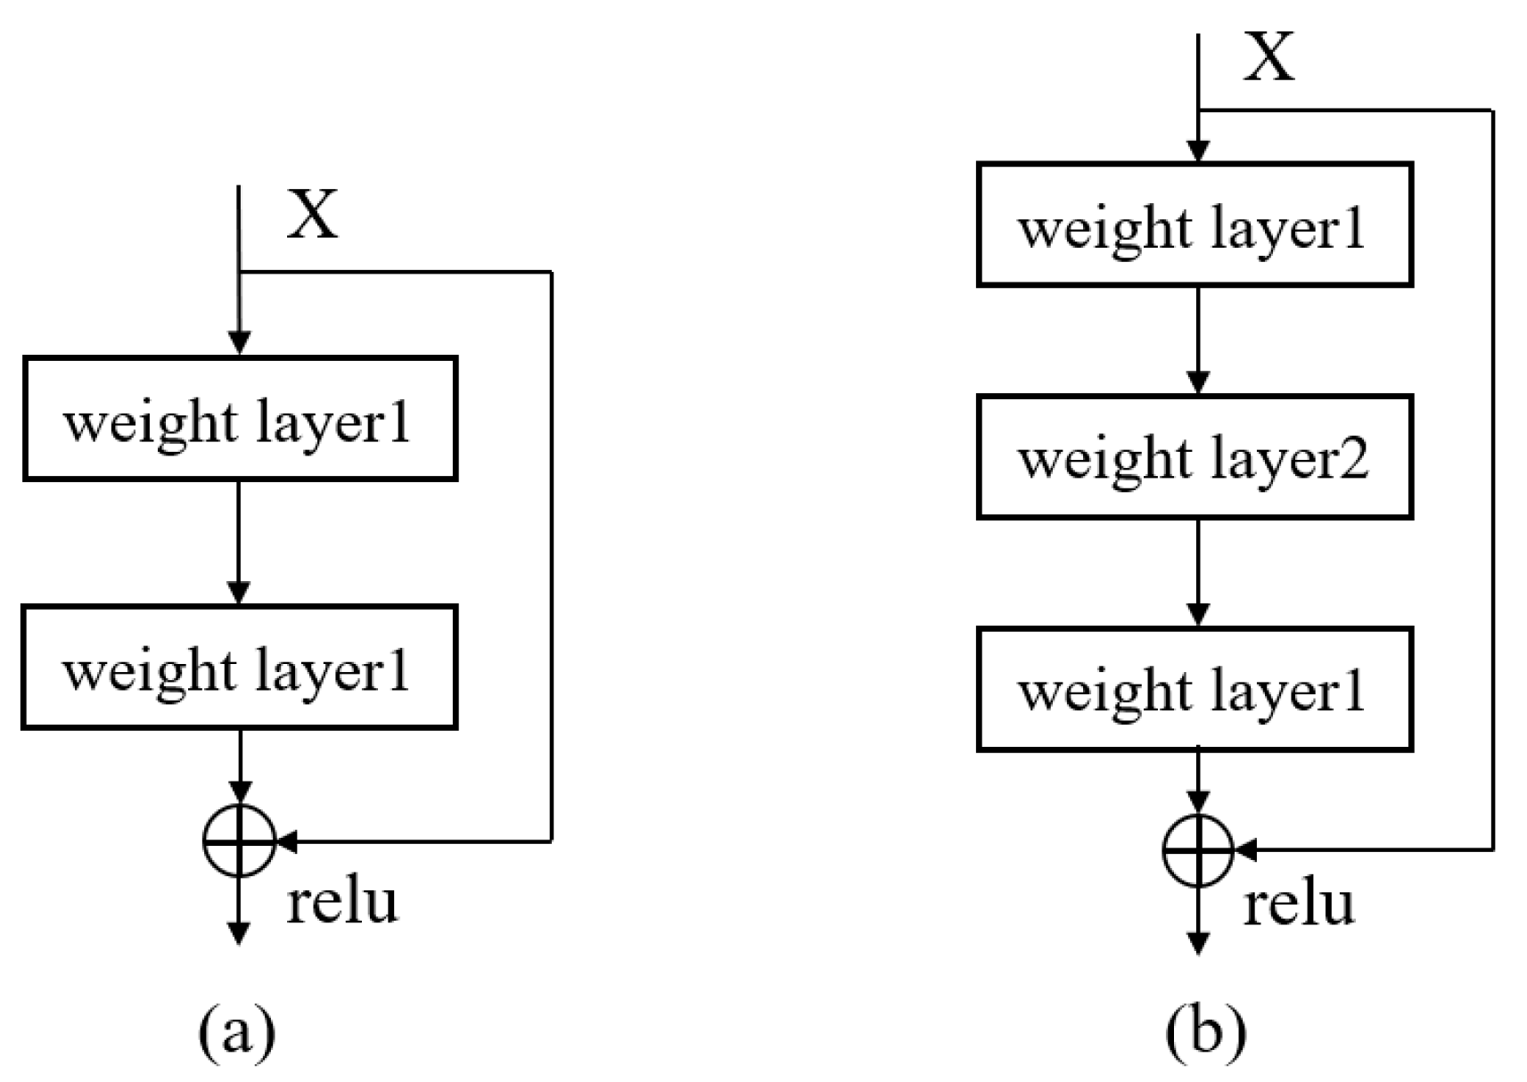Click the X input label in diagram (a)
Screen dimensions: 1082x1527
(312, 216)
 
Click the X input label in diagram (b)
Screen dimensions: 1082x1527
(1268, 58)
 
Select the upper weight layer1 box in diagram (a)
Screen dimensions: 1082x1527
(240, 419)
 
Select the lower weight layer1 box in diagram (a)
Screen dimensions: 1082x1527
(240, 668)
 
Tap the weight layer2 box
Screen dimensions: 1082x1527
(1195, 457)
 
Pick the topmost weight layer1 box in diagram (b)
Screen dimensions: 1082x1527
(1195, 225)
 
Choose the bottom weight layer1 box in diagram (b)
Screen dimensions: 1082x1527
(1195, 689)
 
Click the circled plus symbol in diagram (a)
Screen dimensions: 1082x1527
(239, 840)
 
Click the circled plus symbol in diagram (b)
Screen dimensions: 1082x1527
(1199, 850)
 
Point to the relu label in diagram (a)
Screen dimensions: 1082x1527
(341, 901)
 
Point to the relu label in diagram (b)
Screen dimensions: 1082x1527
(1299, 904)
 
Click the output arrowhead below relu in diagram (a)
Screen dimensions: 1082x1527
(239, 932)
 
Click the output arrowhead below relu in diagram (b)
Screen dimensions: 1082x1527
(1199, 942)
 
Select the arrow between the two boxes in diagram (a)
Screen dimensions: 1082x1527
(239, 542)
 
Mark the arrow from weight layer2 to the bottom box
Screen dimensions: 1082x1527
(1199, 572)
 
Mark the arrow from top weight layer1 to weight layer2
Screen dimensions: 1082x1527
(1199, 340)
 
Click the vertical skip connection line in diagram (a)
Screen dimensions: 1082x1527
(552, 553)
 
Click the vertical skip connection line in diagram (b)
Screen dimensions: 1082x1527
(1492, 481)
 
